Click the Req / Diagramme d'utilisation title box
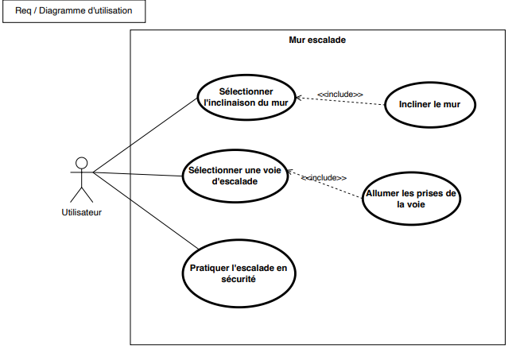pyautogui.click(x=74, y=12)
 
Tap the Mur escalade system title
pyautogui.click(x=316, y=39)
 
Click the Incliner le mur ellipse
pyautogui.click(x=430, y=103)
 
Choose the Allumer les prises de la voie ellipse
pyautogui.click(x=410, y=198)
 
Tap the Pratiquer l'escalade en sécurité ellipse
pyautogui.click(x=239, y=273)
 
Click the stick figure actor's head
pyautogui.click(x=80, y=163)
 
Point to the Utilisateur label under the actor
pyautogui.click(x=81, y=212)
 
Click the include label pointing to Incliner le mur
pyautogui.click(x=339, y=95)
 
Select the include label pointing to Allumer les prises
pyautogui.click(x=324, y=177)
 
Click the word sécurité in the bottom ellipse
pyautogui.click(x=238, y=279)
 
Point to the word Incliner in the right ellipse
pyautogui.click(x=417, y=103)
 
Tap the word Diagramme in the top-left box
pyautogui.click(x=72, y=12)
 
